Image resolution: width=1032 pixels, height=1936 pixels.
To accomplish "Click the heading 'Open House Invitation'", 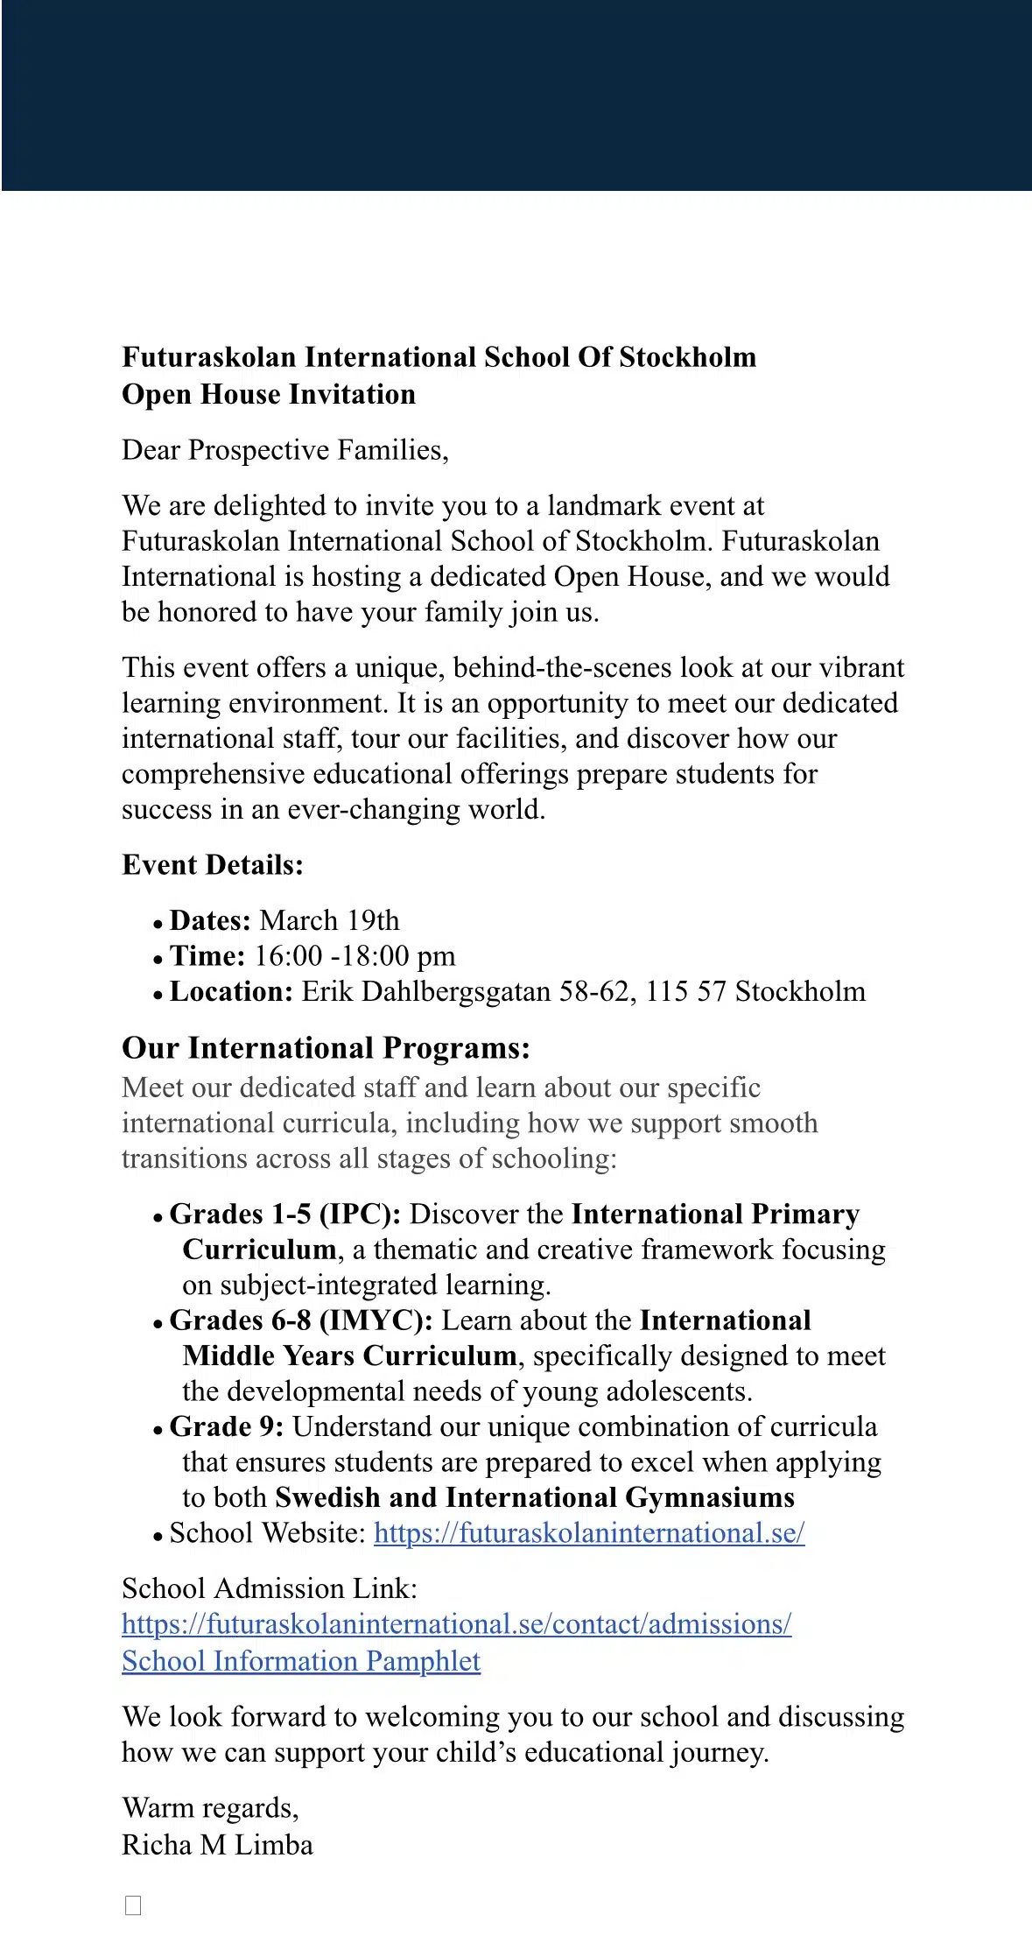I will click(269, 395).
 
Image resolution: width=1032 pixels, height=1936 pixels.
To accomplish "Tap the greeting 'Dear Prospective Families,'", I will click(285, 450).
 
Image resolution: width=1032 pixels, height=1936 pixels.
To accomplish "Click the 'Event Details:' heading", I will click(213, 865).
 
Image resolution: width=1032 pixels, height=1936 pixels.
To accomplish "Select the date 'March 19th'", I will click(330, 920).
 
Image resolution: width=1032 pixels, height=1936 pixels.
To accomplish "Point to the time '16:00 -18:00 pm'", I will click(355, 956).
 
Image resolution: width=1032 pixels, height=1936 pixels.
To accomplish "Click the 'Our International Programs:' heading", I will click(326, 1048).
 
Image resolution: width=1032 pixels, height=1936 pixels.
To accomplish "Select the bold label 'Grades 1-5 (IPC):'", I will click(285, 1214).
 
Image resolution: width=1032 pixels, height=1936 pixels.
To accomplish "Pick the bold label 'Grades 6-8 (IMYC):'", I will click(301, 1320).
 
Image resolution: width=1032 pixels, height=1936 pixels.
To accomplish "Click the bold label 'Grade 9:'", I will click(227, 1426).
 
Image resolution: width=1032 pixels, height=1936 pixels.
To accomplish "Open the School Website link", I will click(589, 1533).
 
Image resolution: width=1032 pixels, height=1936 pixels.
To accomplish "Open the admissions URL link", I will click(456, 1624).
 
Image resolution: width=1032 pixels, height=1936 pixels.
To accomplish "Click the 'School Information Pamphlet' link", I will click(301, 1661).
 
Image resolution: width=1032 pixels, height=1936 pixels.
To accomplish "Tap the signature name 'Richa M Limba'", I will click(217, 1845).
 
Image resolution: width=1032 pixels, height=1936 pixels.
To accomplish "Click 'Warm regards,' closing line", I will click(210, 1808).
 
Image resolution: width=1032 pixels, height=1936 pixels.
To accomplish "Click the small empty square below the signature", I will click(133, 1904).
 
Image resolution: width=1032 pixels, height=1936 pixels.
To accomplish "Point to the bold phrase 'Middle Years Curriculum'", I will click(349, 1356).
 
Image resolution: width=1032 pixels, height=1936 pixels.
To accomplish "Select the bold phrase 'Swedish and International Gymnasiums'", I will click(535, 1498).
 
